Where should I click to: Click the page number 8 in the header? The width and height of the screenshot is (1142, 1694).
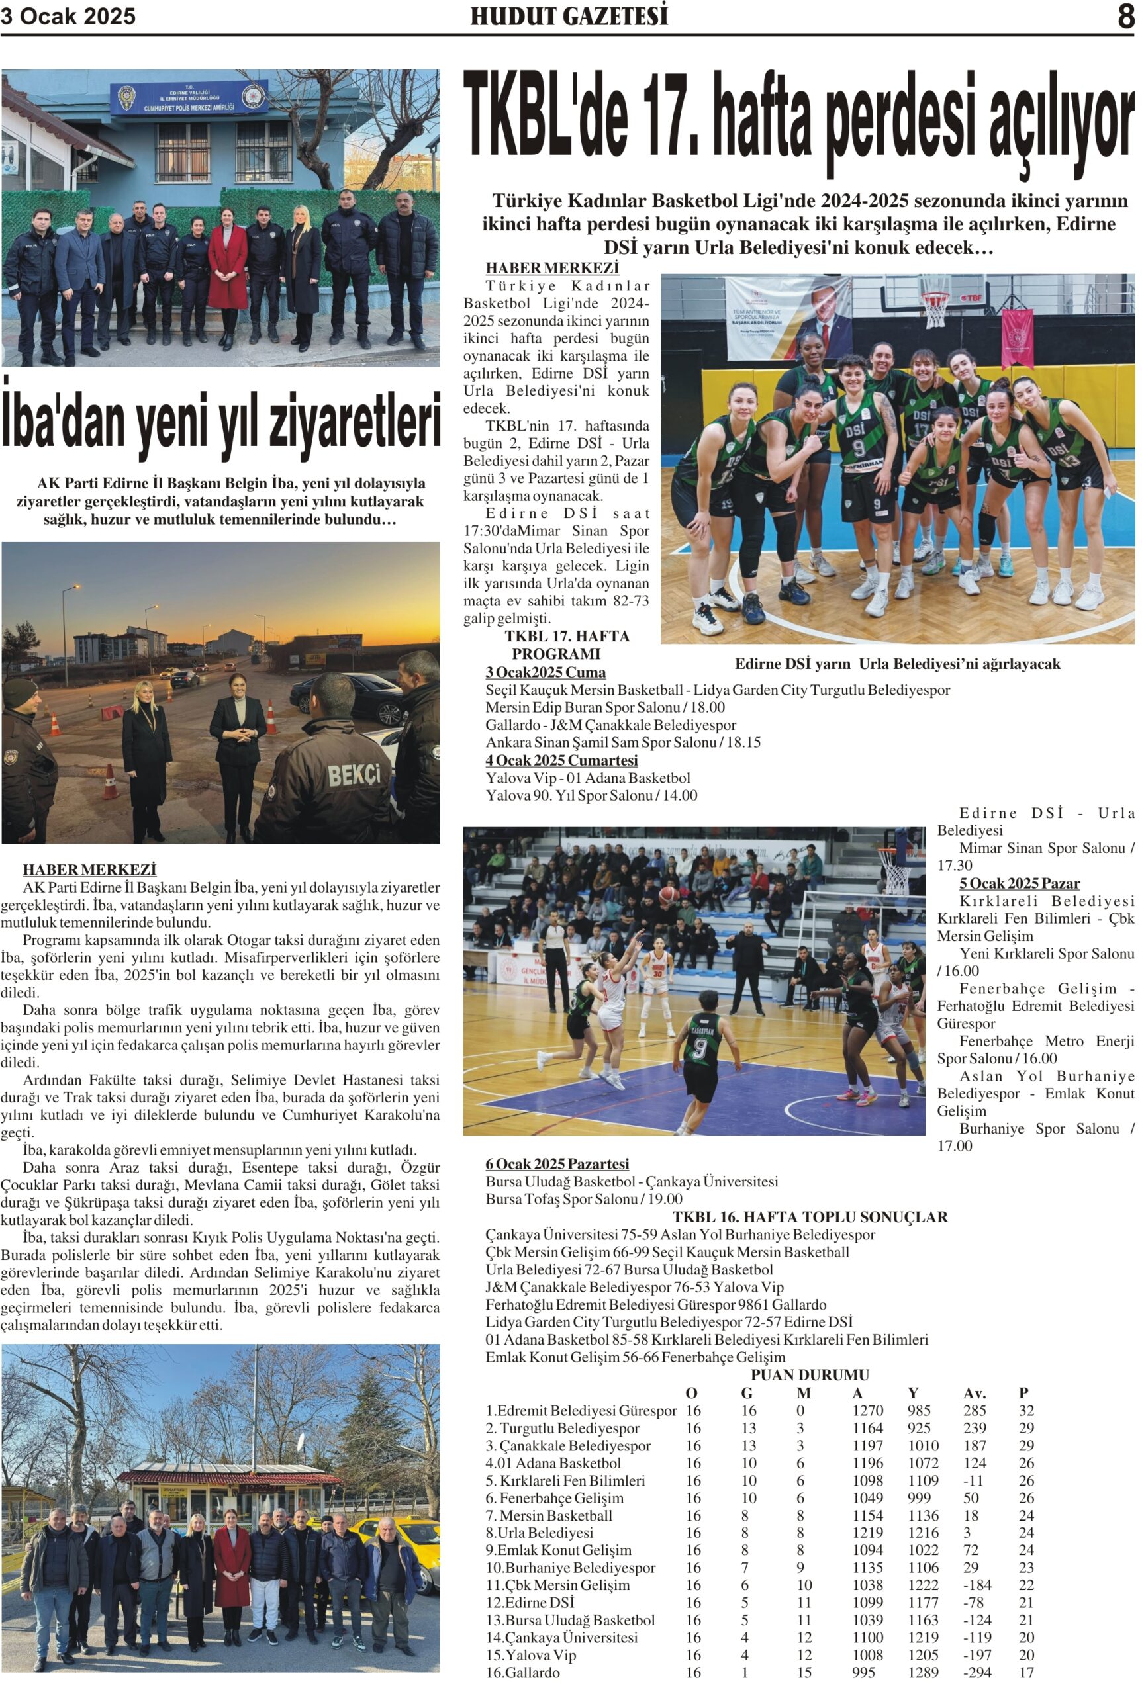[1125, 17]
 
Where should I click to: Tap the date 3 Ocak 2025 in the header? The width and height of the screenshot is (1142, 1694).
[68, 17]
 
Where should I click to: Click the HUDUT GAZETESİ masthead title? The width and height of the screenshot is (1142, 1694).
[569, 17]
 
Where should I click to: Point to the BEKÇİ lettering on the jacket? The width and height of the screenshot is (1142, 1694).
[354, 776]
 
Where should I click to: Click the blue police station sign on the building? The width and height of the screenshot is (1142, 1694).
[189, 97]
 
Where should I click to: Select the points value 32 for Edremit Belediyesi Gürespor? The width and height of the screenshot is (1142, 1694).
[1026, 1410]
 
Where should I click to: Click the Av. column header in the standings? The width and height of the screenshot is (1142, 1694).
[975, 1393]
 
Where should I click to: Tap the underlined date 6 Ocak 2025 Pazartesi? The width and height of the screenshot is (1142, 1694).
[557, 1164]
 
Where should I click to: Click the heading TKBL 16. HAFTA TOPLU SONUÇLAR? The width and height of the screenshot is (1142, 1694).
[810, 1216]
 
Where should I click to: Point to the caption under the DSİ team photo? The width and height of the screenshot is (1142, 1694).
[897, 664]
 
